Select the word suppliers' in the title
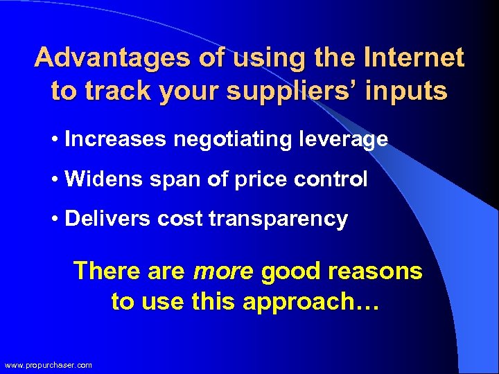tap(287, 91)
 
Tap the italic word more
tap(223, 271)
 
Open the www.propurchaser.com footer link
tap(48, 365)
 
